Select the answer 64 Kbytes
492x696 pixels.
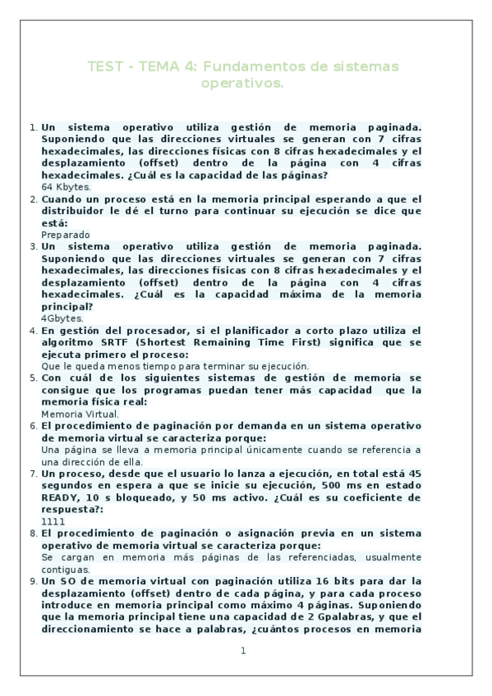click(66, 187)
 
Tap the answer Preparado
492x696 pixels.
click(66, 235)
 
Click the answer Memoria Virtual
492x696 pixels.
click(80, 414)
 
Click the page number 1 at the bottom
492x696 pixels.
click(243, 651)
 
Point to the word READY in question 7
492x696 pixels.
click(60, 497)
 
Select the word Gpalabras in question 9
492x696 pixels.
click(333, 616)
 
